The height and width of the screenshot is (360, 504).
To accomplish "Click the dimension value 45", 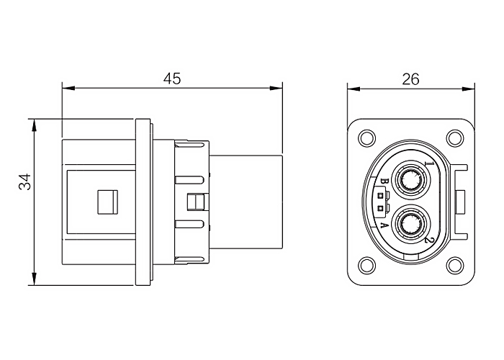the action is (172, 78).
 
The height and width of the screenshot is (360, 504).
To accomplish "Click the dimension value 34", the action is (24, 181).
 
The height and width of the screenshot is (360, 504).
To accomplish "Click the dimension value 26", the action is (411, 79).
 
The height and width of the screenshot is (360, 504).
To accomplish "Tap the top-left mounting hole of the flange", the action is (366, 138).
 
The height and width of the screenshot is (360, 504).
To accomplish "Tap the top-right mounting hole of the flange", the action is (456, 138).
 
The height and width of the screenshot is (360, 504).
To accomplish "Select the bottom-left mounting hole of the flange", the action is (366, 265).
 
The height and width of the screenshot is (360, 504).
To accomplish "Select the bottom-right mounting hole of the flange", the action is (456, 265).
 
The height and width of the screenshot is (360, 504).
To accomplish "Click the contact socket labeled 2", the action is (411, 224).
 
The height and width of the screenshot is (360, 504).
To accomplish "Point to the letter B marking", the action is (384, 182).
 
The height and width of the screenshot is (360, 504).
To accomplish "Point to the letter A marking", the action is (384, 225).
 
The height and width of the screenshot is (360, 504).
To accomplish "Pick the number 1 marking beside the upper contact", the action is (430, 163).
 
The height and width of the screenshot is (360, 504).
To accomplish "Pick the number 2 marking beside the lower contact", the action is (430, 240).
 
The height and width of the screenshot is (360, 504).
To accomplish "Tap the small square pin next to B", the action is (381, 195).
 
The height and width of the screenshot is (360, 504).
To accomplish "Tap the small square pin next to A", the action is (381, 208).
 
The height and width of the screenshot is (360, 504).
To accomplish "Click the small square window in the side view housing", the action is (108, 202).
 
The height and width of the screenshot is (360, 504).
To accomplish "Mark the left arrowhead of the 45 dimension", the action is (68, 88).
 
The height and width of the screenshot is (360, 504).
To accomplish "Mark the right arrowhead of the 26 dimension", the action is (468, 89).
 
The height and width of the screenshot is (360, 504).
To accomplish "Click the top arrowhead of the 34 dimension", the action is (34, 125).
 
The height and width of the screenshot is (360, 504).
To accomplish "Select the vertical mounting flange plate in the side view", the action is (143, 202).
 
